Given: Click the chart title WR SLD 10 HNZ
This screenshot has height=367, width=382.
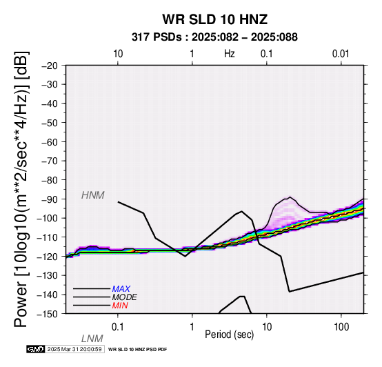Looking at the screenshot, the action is click(215, 19).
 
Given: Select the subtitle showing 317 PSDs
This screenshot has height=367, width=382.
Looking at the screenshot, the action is click(214, 37).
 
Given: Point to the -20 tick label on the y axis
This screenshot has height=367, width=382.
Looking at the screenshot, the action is click(49, 66).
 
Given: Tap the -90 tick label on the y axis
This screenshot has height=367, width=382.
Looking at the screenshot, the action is click(49, 199).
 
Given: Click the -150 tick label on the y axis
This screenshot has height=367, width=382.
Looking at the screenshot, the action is click(47, 314).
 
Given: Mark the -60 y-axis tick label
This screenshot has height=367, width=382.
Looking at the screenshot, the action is click(49, 142).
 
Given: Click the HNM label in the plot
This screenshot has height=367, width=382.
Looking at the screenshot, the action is click(93, 195).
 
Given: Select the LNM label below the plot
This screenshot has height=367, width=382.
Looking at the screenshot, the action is click(92, 339).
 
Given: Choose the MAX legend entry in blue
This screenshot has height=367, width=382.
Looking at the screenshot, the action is click(121, 289).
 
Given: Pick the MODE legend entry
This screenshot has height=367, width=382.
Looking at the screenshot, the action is click(125, 297).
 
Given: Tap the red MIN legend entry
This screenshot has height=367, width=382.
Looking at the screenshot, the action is click(120, 306).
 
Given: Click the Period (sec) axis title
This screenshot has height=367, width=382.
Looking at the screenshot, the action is click(229, 335).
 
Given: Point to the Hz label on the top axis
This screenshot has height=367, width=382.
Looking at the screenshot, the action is click(230, 54).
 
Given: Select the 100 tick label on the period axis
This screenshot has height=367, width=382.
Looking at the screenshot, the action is click(341, 327).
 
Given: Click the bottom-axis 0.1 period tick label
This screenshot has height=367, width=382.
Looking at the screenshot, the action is click(117, 327).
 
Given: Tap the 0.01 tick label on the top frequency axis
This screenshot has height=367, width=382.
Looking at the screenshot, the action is click(341, 54).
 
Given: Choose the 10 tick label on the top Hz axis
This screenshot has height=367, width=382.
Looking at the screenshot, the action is click(118, 54).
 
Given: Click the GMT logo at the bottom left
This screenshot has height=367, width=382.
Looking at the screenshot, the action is click(36, 349).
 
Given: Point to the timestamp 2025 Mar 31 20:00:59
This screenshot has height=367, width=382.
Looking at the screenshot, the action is click(74, 349).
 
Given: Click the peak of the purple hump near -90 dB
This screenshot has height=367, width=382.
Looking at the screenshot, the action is click(290, 197).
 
